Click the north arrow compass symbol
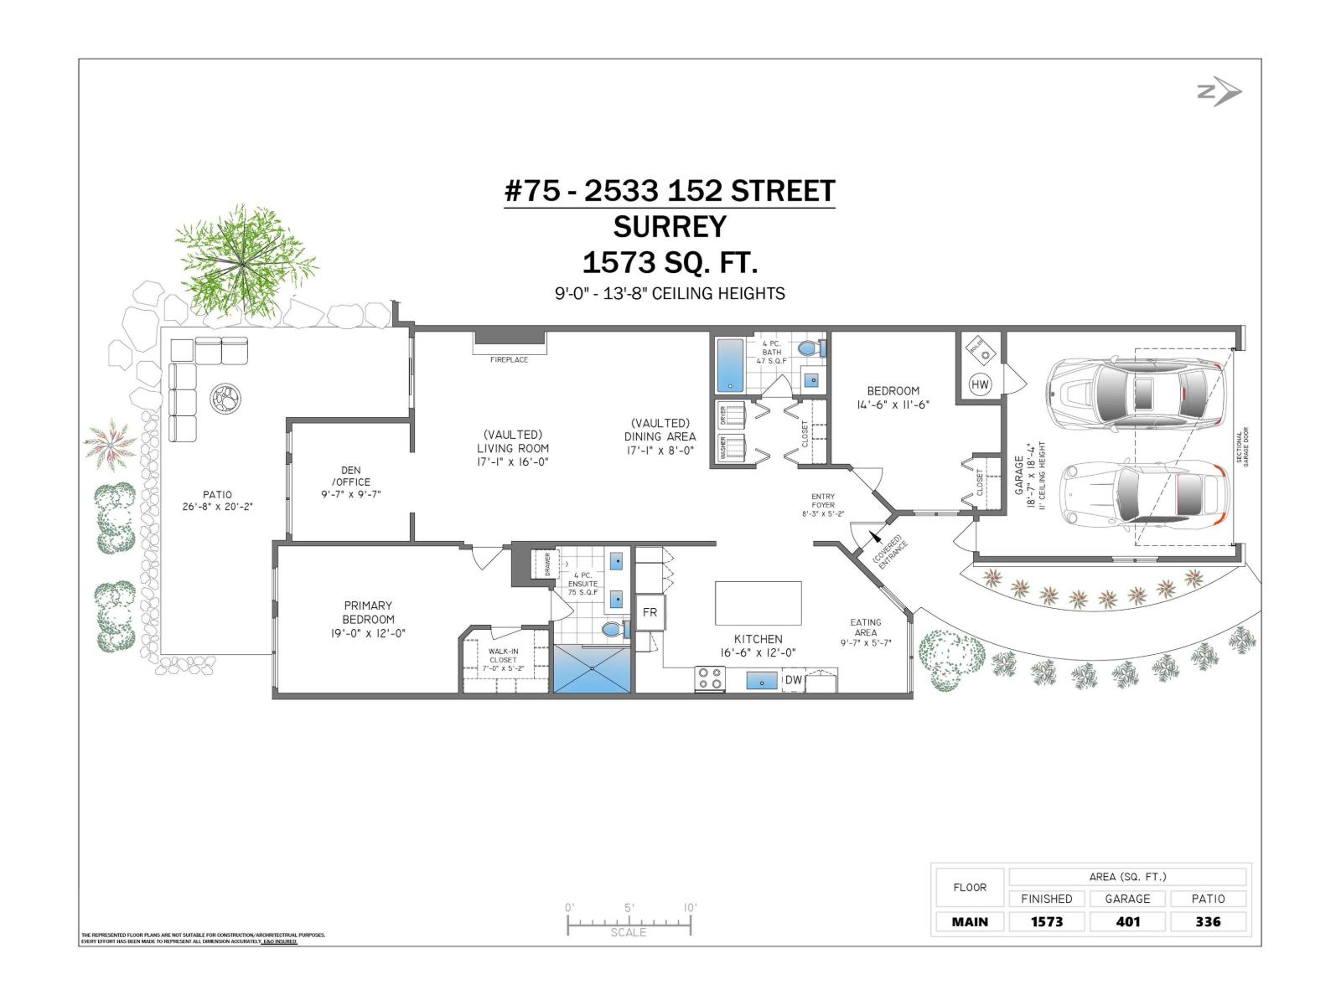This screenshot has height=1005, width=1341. point(1219,92)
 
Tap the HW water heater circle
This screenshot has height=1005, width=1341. point(980,385)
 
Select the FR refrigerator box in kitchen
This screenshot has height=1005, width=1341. point(650,612)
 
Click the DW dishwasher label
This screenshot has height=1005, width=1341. point(793,680)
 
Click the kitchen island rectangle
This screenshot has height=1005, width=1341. point(758,603)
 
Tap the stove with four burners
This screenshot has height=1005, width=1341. point(710,678)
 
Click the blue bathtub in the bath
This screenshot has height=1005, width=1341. point(730,365)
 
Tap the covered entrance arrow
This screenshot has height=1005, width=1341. point(875,537)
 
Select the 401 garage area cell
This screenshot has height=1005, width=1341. point(1127,921)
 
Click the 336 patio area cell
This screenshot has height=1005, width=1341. point(1208,921)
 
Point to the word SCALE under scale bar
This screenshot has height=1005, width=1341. point(628,932)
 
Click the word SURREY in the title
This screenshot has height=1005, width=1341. point(670,227)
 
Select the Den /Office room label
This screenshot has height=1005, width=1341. point(350,482)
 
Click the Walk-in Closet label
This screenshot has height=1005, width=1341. point(503,660)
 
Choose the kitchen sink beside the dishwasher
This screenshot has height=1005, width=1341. point(761,680)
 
